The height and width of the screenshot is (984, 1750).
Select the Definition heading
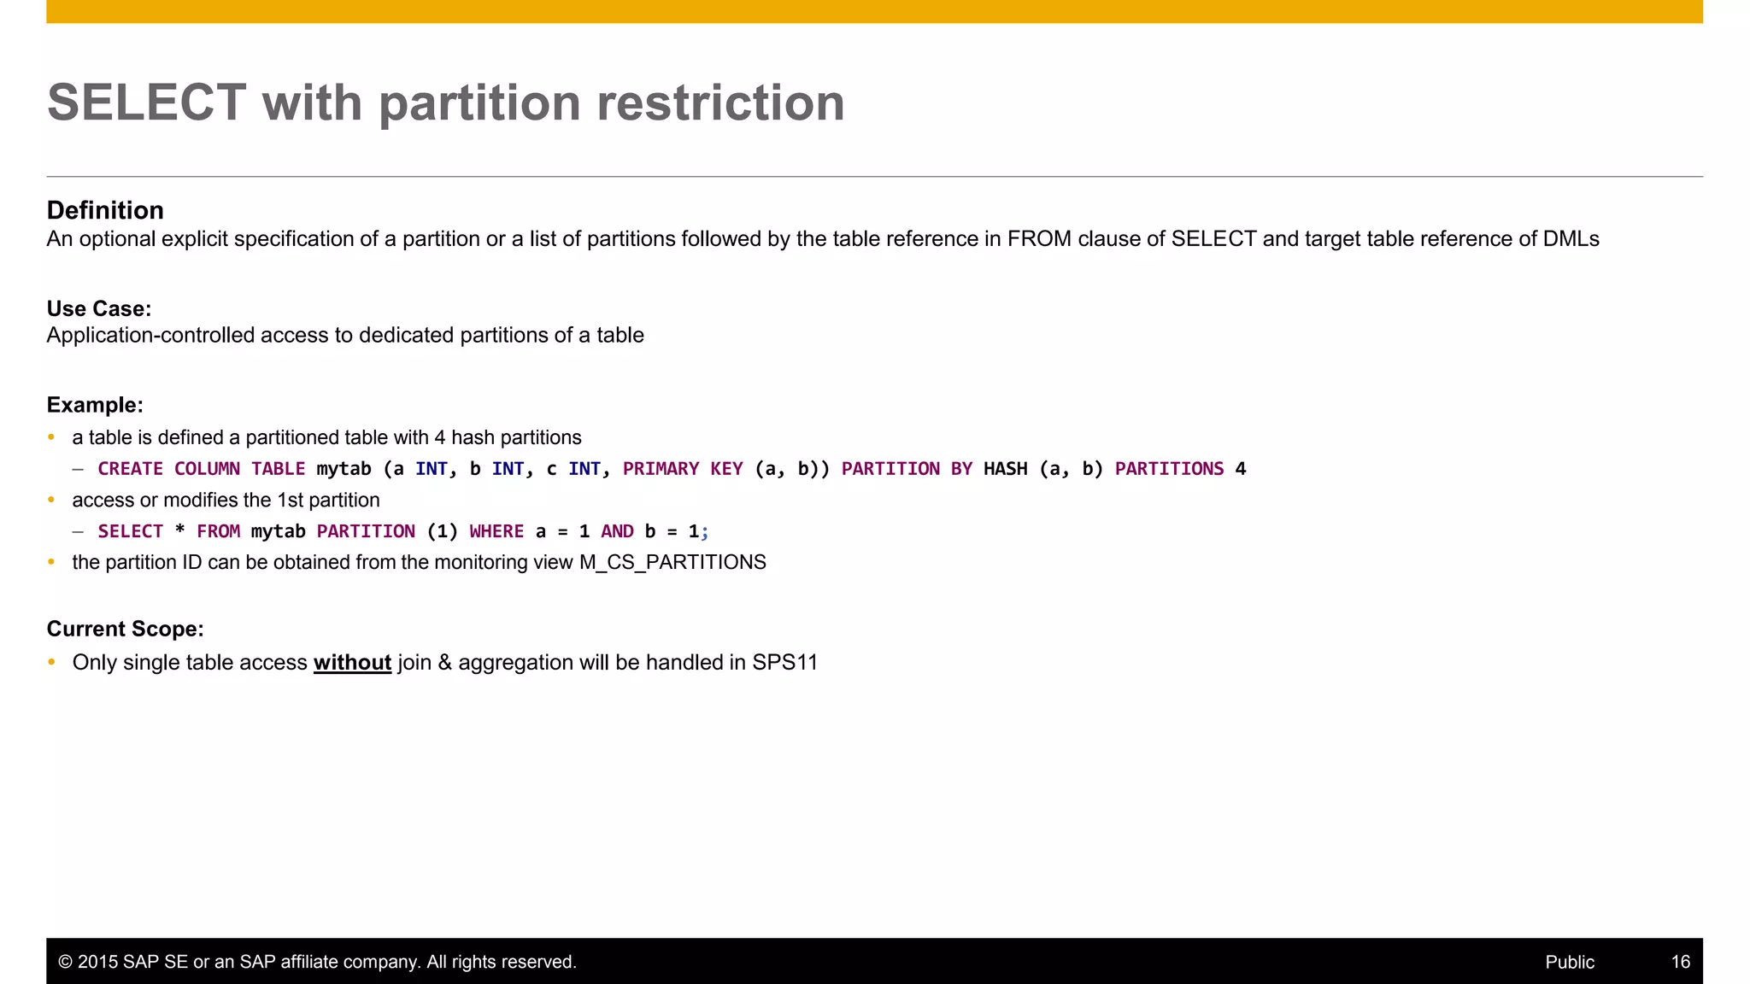pyautogui.click(x=105, y=210)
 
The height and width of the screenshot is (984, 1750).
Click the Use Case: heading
pyautogui.click(x=98, y=308)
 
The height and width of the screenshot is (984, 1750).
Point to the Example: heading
pyautogui.click(x=95, y=405)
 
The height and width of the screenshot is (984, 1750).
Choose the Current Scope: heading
pyautogui.click(x=125, y=629)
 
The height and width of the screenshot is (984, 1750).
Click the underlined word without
pyautogui.click(x=352, y=663)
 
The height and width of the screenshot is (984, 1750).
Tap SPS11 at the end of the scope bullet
pyautogui.click(x=784, y=663)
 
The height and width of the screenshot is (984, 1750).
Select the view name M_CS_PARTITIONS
pyautogui.click(x=672, y=562)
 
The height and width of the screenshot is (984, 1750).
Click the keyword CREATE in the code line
pyautogui.click(x=130, y=469)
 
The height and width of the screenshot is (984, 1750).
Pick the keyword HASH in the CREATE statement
pyautogui.click(x=1005, y=469)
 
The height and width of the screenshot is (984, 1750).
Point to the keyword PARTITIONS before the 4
pyautogui.click(x=1169, y=469)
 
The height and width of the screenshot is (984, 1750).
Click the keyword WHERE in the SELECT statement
pyautogui.click(x=496, y=531)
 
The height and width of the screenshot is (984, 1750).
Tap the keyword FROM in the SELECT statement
pyautogui.click(x=218, y=531)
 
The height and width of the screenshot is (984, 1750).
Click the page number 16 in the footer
pyautogui.click(x=1680, y=962)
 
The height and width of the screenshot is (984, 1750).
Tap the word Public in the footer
pyautogui.click(x=1570, y=962)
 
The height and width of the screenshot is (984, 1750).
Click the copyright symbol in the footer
pyautogui.click(x=65, y=962)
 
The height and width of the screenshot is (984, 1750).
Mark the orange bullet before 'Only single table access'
pyautogui.click(x=51, y=662)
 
